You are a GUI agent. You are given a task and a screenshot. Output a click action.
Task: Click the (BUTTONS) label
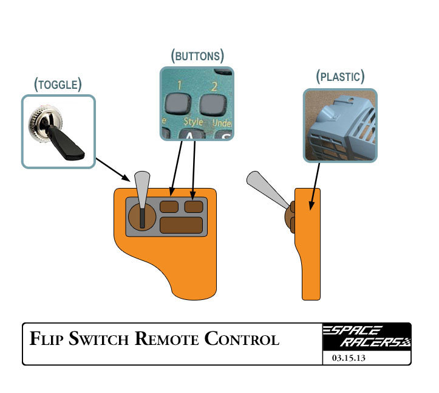[197, 57]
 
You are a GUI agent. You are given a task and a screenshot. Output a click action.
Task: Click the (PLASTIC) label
[340, 77]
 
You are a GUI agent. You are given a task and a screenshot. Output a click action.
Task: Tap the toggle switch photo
[58, 131]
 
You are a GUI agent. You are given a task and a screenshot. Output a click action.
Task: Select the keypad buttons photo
[197, 103]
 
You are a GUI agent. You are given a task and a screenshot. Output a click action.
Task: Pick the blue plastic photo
[340, 125]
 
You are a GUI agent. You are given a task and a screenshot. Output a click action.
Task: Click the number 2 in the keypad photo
[214, 85]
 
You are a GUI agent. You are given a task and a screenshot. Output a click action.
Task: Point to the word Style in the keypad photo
[193, 122]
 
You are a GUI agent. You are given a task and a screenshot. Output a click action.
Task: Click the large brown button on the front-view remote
[180, 225]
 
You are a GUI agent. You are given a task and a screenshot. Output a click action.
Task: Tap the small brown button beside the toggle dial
[169, 206]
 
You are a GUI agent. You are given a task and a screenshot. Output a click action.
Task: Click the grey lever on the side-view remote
[267, 189]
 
